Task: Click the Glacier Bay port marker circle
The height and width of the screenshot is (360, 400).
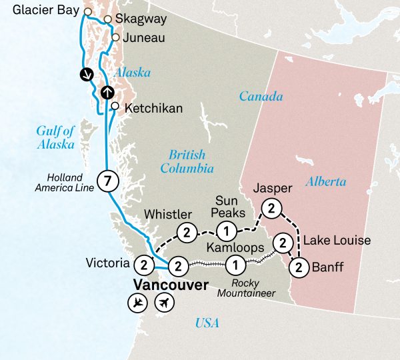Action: click(87, 11)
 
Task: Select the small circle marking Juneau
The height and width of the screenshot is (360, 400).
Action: click(116, 38)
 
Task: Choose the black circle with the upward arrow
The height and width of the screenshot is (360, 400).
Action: click(107, 93)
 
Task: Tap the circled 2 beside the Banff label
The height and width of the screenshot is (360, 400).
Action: click(298, 268)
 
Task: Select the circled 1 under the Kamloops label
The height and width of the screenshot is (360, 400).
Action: click(234, 265)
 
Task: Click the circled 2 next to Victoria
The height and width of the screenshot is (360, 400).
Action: click(143, 265)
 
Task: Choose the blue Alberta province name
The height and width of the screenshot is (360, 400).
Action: click(326, 181)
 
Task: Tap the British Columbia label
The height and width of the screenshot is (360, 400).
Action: click(191, 161)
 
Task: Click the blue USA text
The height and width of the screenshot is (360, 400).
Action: click(207, 324)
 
